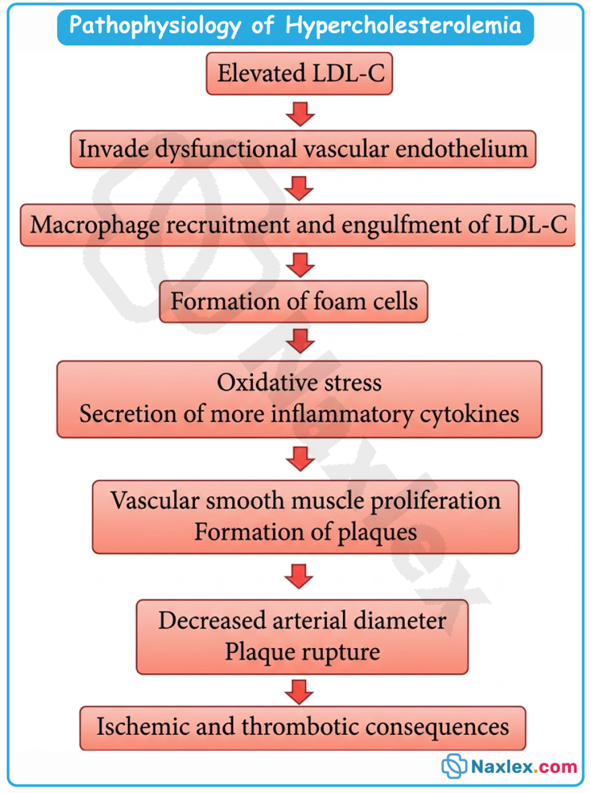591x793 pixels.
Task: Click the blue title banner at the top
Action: (x=295, y=27)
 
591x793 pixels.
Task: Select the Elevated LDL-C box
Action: (x=300, y=73)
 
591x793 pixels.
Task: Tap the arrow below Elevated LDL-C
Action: (x=300, y=114)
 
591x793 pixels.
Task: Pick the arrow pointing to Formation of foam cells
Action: (x=300, y=265)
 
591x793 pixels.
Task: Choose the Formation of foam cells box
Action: (x=294, y=302)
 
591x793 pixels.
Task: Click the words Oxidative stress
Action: (x=299, y=382)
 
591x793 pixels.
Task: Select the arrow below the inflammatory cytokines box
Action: (x=300, y=459)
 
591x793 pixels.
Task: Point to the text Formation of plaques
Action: (x=305, y=533)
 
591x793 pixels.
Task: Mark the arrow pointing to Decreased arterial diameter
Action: (x=299, y=576)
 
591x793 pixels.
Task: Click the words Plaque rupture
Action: (x=302, y=652)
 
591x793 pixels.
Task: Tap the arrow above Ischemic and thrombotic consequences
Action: (x=299, y=692)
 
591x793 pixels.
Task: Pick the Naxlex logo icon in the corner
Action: (x=453, y=766)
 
